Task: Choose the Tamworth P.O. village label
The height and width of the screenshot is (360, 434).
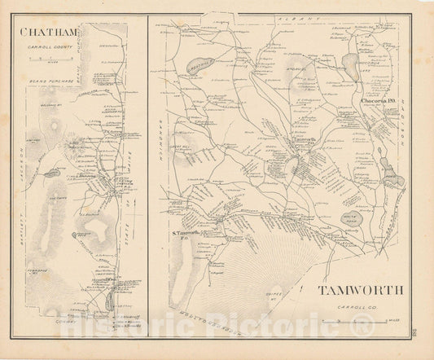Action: click(305, 142)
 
